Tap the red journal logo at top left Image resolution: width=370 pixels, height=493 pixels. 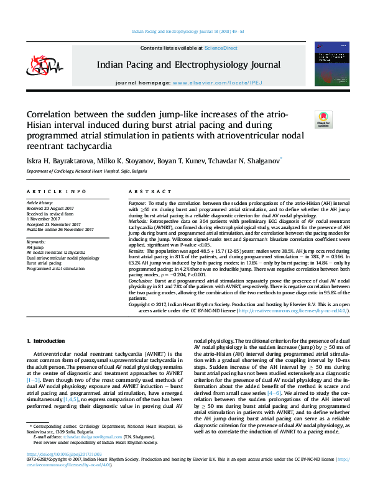tap(42, 65)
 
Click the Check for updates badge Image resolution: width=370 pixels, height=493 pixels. tap(323, 119)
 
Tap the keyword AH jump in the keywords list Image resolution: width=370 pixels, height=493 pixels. tap(35, 246)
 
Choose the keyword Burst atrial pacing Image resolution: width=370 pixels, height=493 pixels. tap(44, 263)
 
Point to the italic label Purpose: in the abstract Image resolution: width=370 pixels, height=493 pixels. tap(137, 204)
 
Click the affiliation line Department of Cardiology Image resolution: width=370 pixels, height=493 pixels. tap(86, 171)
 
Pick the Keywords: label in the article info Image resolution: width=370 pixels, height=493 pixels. tap(36, 241)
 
